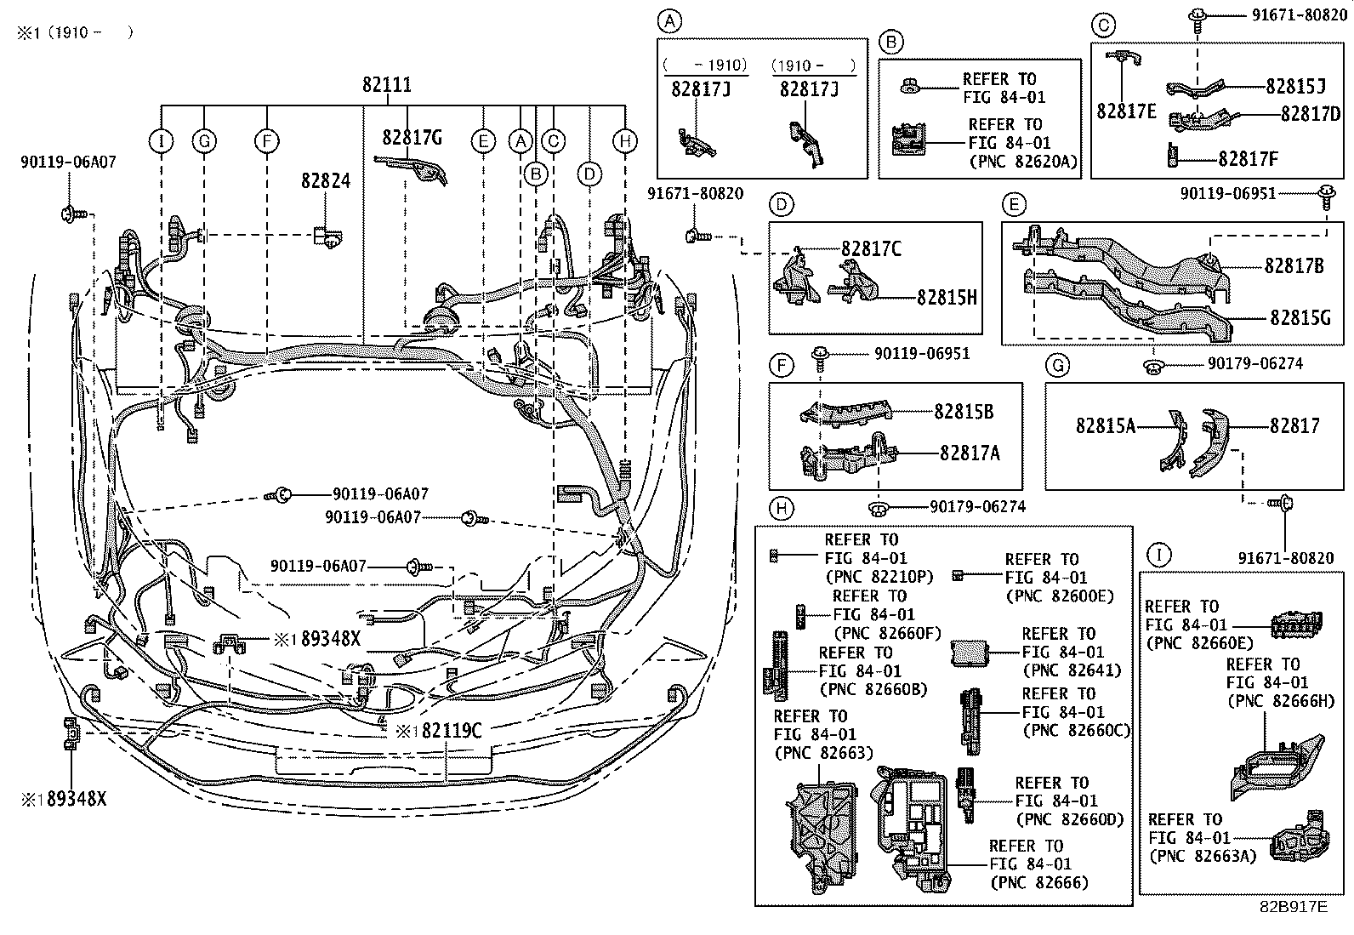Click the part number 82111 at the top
387,85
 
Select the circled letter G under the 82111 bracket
204,141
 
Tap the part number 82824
325,181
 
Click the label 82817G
412,137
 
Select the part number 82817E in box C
1125,111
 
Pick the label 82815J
1295,87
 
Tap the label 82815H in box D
947,297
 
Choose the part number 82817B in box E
1294,265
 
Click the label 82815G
1300,316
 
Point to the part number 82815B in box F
964,411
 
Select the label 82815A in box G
1105,425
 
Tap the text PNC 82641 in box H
1071,670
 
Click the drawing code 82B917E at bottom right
1293,906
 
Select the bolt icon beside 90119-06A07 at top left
70,213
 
